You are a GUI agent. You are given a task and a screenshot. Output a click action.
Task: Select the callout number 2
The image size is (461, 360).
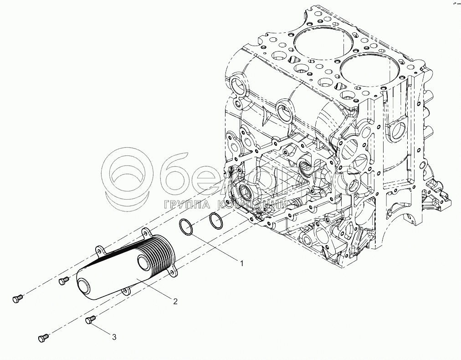coord(174,300)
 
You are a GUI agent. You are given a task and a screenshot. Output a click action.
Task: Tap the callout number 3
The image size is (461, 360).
coord(114,337)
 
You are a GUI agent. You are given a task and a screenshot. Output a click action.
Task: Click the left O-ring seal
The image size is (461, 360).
coord(186,227)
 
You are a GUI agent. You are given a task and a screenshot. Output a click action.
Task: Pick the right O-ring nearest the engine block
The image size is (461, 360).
coord(216,221)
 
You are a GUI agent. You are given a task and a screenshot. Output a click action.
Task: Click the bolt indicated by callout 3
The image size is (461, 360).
coord(90,320)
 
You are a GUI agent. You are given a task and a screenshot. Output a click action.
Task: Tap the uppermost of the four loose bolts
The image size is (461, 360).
coord(63,280)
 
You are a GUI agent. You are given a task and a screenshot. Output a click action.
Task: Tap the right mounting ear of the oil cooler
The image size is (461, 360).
coord(172,272)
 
